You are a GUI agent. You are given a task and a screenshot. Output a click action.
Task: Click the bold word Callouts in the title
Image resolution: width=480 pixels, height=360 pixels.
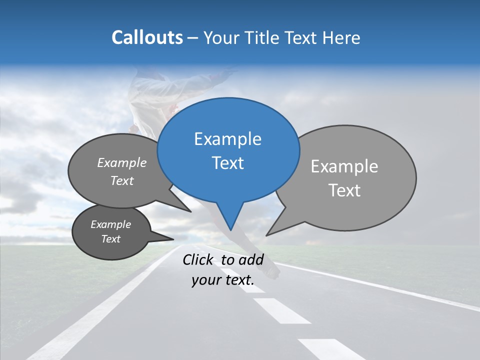tap(147, 37)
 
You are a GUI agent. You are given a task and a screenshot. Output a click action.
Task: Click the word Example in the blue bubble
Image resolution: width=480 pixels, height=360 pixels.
tap(227, 139)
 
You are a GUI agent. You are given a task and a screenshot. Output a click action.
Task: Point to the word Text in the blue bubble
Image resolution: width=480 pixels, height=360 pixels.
tap(227, 163)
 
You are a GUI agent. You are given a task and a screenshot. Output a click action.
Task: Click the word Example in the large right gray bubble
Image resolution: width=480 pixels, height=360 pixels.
tap(344, 166)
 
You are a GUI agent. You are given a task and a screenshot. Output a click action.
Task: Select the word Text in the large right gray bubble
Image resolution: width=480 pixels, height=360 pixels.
tap(344, 190)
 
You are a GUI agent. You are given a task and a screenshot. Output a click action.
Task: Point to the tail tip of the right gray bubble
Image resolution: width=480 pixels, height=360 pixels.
tap(267, 234)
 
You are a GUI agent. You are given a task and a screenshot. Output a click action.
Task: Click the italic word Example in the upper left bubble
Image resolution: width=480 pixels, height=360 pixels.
tap(122, 163)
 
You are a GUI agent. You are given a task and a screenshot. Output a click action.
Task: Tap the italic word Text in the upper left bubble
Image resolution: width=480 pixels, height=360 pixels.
tap(122, 180)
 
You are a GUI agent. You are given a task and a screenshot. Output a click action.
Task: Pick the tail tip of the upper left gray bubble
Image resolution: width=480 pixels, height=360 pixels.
tap(190, 211)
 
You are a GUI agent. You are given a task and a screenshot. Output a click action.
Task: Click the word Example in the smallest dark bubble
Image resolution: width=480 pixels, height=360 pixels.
tap(110, 224)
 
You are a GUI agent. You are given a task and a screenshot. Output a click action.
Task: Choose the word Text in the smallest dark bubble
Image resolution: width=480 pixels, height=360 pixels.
tap(110, 239)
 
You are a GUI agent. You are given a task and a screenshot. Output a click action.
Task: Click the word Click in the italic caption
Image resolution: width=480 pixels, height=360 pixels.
tap(199, 259)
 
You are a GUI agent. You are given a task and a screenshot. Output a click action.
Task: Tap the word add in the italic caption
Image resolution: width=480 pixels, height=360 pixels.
tap(250, 259)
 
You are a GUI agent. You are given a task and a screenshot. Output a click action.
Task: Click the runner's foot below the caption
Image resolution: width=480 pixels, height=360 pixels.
tap(272, 271)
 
